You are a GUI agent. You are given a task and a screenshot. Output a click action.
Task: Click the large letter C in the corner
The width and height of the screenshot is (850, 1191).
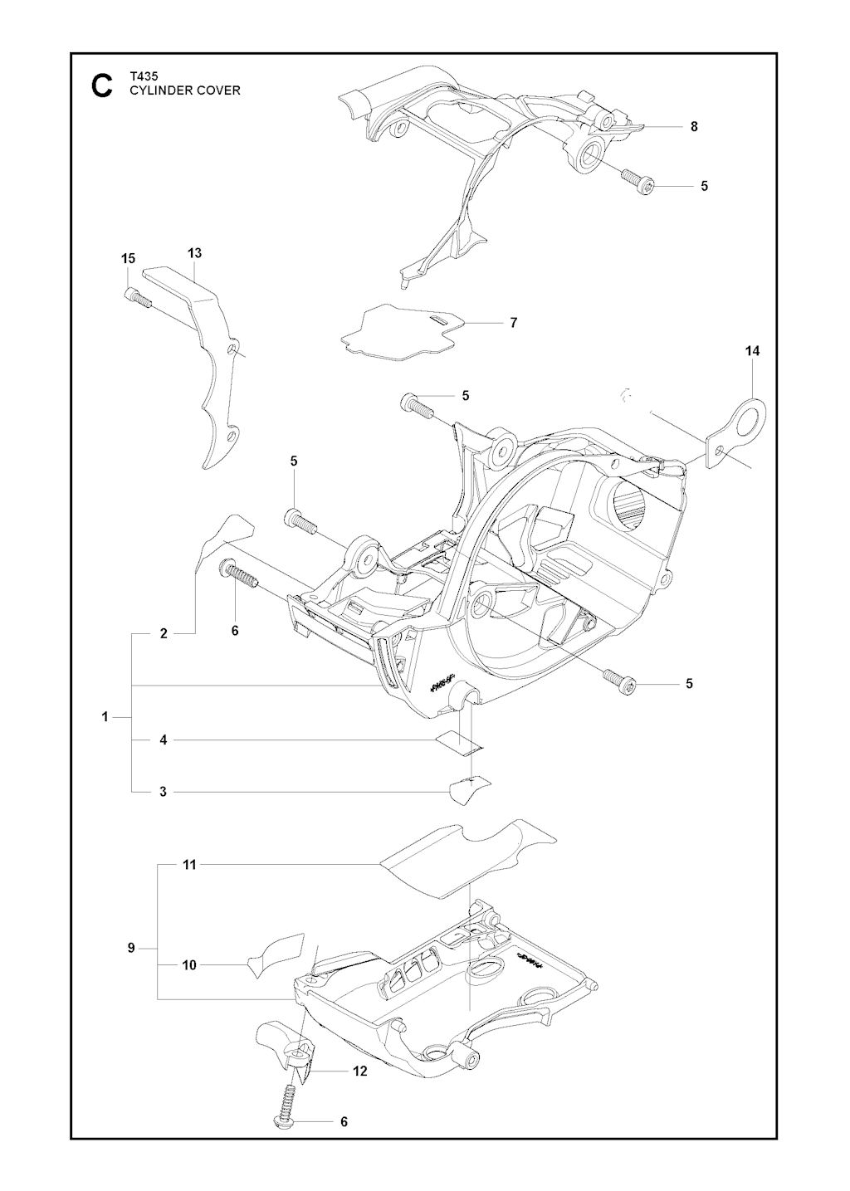click(x=101, y=85)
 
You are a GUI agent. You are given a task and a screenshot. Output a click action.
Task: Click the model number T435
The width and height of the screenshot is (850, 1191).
click(x=143, y=76)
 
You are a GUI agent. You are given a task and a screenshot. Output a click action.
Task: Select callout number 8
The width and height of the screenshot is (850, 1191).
click(x=694, y=126)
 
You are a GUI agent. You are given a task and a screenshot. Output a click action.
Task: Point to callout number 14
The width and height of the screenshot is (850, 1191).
click(x=752, y=351)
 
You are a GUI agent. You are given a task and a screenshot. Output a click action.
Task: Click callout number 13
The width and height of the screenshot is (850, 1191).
click(x=195, y=253)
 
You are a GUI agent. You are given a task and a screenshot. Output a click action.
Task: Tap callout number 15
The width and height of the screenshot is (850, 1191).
click(x=128, y=258)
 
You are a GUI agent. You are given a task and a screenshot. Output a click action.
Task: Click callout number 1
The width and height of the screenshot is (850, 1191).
click(x=105, y=717)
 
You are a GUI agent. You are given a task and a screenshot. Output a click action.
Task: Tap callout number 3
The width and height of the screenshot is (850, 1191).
click(x=164, y=807)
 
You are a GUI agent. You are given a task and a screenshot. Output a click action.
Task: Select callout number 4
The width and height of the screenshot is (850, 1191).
click(x=164, y=739)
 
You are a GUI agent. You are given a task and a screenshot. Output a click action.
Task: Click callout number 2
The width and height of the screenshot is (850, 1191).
click(x=164, y=633)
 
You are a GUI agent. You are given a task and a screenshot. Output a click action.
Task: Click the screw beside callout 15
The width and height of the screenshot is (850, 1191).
click(x=138, y=296)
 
